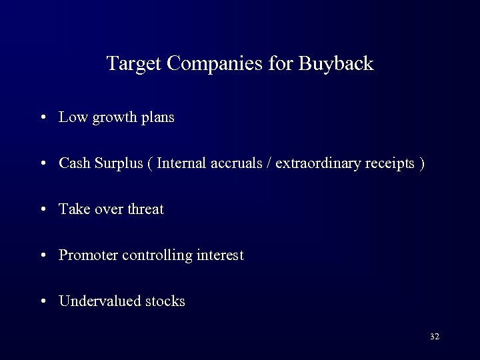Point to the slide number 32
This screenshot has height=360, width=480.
pos(435,337)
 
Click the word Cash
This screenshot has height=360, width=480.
pos(73,163)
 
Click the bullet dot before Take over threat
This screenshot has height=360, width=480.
pos(43,210)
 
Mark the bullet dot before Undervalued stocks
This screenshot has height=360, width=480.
pos(43,301)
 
